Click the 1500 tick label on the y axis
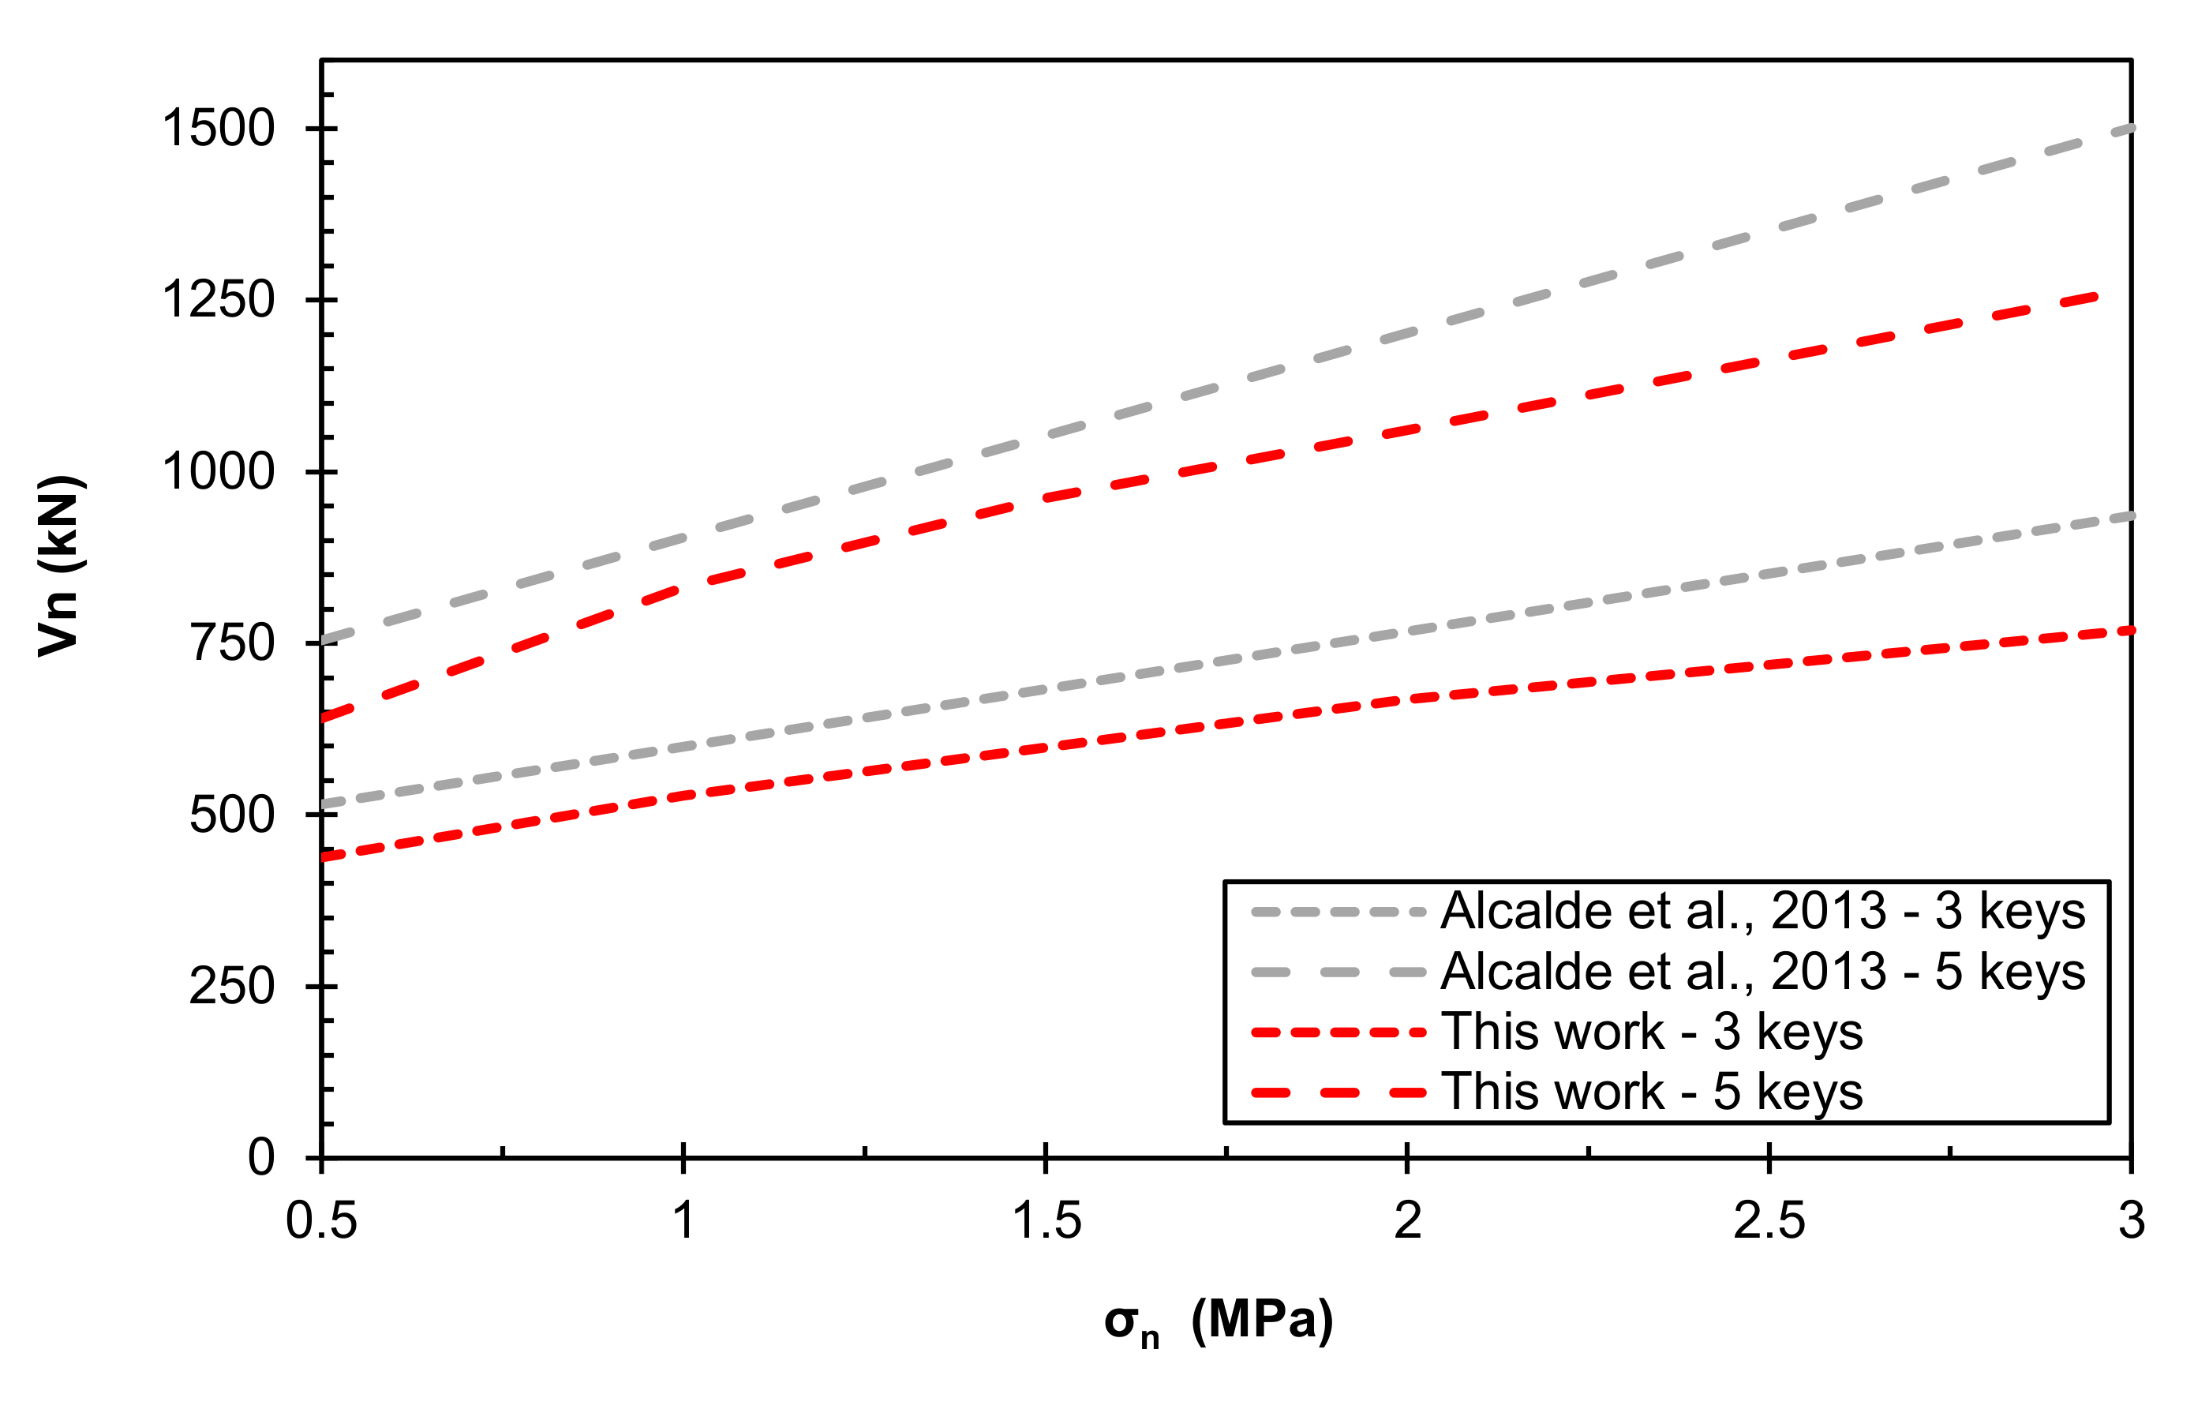[x=219, y=128]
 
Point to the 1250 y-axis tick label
[x=219, y=300]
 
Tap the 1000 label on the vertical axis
[x=219, y=471]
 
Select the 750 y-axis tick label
[x=232, y=643]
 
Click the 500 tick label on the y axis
[x=232, y=815]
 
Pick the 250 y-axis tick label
[x=232, y=986]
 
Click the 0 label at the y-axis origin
[x=261, y=1156]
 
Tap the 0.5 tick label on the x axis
[x=320, y=1221]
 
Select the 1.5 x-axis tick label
[x=1046, y=1221]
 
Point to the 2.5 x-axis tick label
[x=1769, y=1221]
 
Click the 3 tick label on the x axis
[x=2130, y=1221]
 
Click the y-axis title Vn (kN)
[x=59, y=566]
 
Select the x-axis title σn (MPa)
[x=1219, y=1322]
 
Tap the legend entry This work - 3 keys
[x=1651, y=1032]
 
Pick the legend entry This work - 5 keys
[x=1651, y=1092]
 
